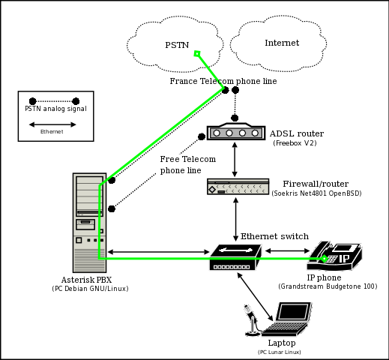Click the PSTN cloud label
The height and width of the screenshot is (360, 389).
coord(177,45)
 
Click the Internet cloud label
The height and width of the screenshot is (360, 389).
coord(282,43)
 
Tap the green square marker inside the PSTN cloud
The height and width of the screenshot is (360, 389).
coord(197,53)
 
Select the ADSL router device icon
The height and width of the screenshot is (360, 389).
coord(236,131)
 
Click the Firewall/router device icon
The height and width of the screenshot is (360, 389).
coord(238,187)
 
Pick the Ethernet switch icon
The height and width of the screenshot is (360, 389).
coord(235,257)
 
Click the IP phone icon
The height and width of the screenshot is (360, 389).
coord(334,256)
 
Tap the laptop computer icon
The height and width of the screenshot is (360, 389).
coord(287,319)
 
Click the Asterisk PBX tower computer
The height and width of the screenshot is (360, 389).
coord(89,223)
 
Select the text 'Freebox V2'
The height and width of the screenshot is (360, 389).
coord(295,143)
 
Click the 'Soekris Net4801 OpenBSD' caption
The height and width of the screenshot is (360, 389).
coord(316,193)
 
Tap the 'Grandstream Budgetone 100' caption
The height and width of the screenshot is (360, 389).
coord(328,286)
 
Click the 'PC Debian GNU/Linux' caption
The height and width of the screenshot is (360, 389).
coord(90,289)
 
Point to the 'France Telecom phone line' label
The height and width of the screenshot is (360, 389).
coord(223,81)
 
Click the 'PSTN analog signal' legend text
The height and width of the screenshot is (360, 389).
coord(55,109)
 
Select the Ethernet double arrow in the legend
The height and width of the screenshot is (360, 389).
coord(52,124)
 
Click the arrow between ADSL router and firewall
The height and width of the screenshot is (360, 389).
coord(235,160)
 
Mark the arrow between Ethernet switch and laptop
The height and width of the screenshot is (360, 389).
coord(255,296)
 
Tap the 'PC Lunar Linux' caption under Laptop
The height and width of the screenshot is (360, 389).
coord(279,352)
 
